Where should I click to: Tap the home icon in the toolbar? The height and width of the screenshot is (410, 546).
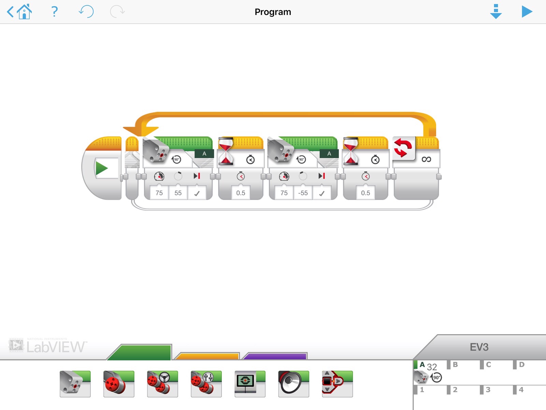[24, 12]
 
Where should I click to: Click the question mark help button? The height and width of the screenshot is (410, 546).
[54, 12]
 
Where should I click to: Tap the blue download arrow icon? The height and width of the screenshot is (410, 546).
[495, 12]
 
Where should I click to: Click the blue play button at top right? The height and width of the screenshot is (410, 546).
[527, 12]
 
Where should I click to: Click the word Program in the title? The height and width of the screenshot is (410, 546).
[273, 12]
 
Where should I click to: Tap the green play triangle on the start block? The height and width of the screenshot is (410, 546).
[101, 168]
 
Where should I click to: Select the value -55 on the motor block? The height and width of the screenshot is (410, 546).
[303, 193]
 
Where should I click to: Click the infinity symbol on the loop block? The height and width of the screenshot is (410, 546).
[426, 159]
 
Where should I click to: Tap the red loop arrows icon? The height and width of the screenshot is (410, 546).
[403, 148]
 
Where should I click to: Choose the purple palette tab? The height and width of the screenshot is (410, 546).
[275, 356]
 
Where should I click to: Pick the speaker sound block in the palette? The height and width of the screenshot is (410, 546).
[293, 384]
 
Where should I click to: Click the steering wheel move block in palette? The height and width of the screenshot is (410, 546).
[162, 384]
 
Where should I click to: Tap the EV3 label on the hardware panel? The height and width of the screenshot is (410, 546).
[479, 347]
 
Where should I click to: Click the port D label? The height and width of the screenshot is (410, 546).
[521, 365]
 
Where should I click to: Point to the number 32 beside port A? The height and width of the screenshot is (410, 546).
[432, 367]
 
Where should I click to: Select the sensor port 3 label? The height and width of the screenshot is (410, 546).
[488, 389]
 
